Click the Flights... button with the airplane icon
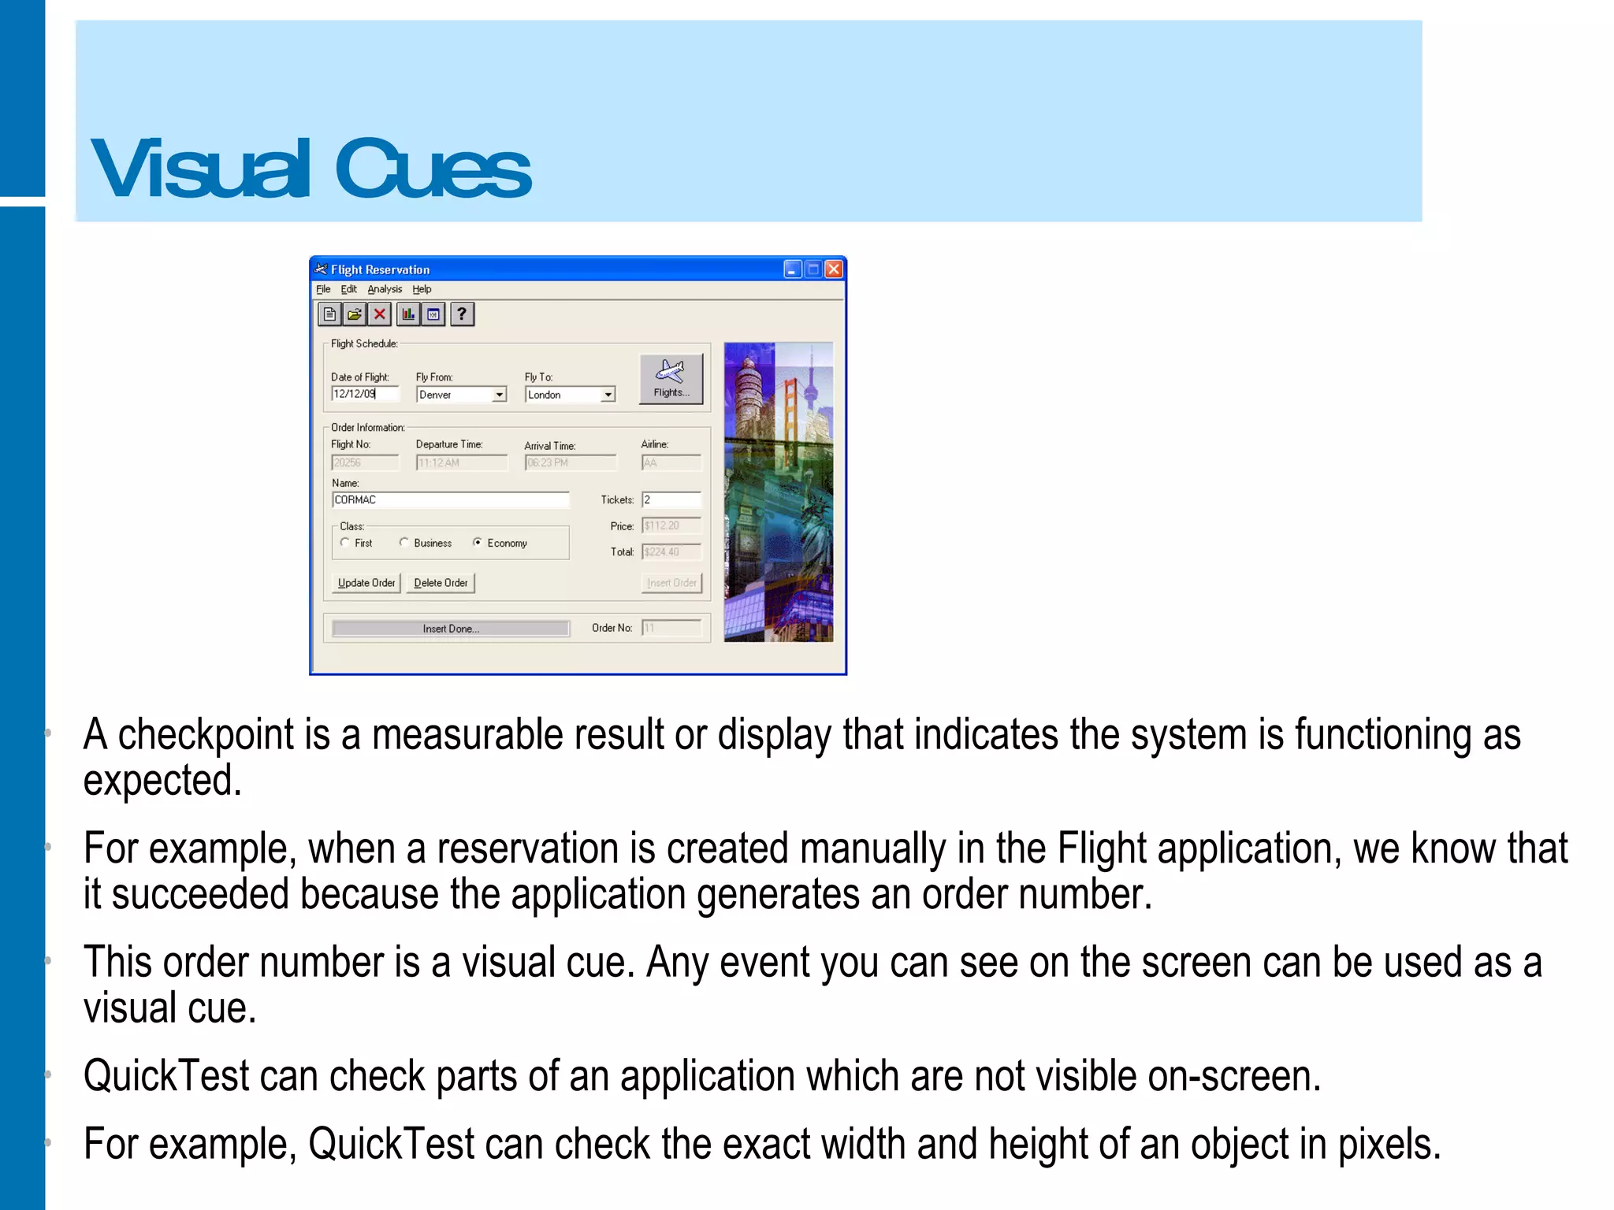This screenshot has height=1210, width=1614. (671, 379)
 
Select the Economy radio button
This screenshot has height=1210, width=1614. (478, 542)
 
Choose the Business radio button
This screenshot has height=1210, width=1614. (404, 542)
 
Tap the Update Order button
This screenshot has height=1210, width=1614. (366, 583)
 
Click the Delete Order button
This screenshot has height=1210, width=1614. (441, 583)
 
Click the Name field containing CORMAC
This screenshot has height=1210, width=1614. (450, 500)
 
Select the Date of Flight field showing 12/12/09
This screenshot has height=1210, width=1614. (365, 394)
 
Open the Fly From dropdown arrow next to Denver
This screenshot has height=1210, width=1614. (500, 395)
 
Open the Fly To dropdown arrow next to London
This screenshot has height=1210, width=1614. (608, 395)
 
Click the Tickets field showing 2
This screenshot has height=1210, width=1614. (671, 500)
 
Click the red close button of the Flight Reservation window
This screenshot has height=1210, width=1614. (834, 269)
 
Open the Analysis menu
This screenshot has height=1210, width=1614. (385, 289)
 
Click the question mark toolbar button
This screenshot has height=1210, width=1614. (462, 314)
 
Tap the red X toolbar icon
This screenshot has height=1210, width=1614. (380, 314)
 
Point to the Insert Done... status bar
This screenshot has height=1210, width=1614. (450, 629)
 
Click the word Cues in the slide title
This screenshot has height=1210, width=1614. (433, 169)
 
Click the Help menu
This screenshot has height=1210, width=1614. (422, 289)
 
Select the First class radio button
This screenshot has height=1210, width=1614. (345, 542)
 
